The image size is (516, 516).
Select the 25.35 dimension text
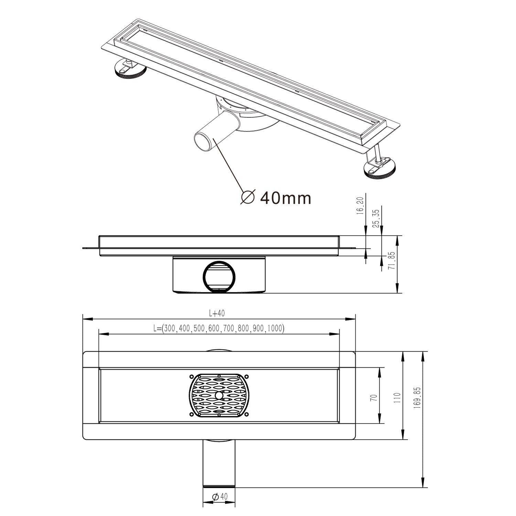point(376,219)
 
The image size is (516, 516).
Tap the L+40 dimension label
point(217,313)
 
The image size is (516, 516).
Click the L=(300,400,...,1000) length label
point(219,328)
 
